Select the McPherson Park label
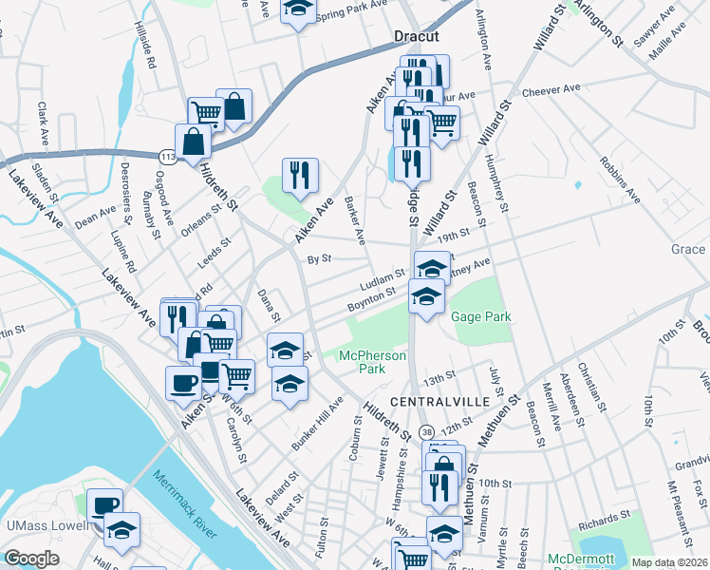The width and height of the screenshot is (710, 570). tap(373, 362)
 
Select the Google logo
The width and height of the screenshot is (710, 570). tap(31, 558)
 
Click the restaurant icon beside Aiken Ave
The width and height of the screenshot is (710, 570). tap(300, 176)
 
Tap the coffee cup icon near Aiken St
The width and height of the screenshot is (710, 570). tap(183, 384)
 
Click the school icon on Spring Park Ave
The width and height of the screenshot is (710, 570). tap(298, 9)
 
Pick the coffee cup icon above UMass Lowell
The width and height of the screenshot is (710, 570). tap(104, 504)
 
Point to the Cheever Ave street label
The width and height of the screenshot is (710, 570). tap(551, 89)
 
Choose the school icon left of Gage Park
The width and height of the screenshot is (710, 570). tap(427, 296)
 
